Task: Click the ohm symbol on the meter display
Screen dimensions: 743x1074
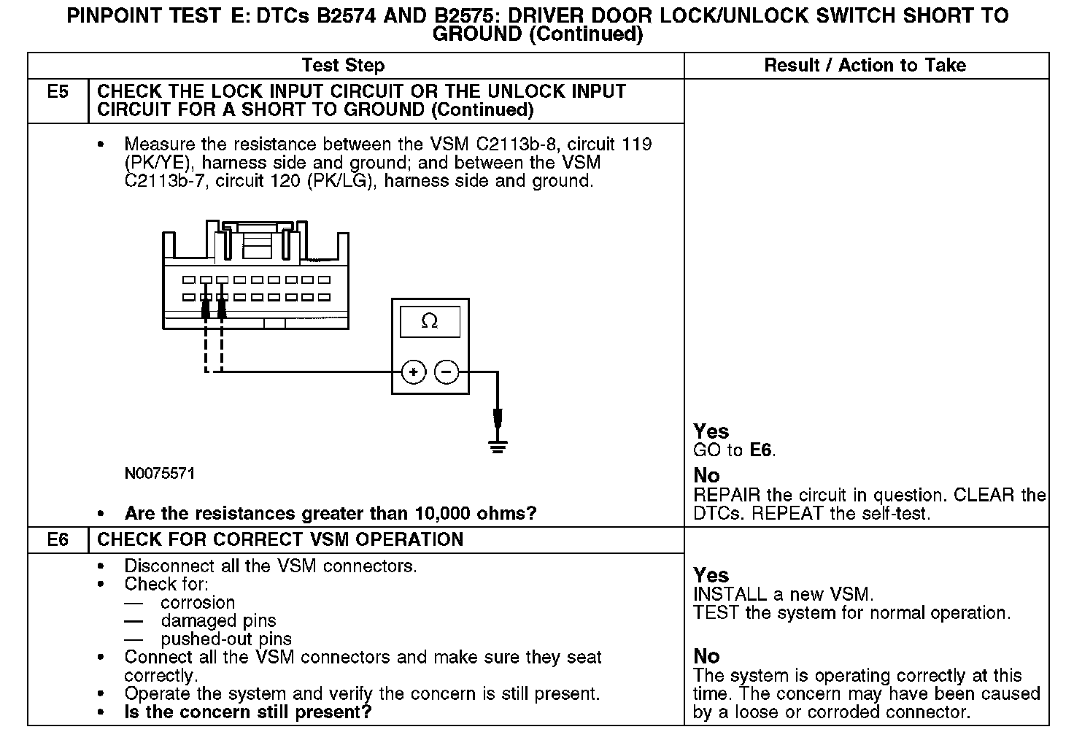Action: pyautogui.click(x=430, y=321)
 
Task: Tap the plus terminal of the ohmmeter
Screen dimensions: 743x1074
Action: pyautogui.click(x=413, y=372)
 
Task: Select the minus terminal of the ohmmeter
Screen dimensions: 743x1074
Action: pyautogui.click(x=447, y=372)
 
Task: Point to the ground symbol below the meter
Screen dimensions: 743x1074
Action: pyautogui.click(x=498, y=445)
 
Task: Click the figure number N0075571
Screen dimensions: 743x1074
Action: pyautogui.click(x=159, y=474)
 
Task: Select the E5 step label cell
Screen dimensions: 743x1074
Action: pyautogui.click(x=58, y=93)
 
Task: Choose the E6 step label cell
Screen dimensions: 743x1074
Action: pyautogui.click(x=58, y=539)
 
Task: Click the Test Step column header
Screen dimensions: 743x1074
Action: pyautogui.click(x=343, y=66)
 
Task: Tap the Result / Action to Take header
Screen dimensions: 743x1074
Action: pyautogui.click(x=865, y=66)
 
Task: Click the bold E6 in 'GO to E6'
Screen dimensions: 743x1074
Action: pyautogui.click(x=760, y=450)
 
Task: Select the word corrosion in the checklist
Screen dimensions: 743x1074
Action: pyautogui.click(x=198, y=603)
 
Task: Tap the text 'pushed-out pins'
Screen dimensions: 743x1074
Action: pyautogui.click(x=226, y=639)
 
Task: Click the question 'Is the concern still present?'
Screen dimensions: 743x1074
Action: pyautogui.click(x=248, y=712)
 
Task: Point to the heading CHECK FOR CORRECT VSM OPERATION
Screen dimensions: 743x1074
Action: pyautogui.click(x=280, y=539)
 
